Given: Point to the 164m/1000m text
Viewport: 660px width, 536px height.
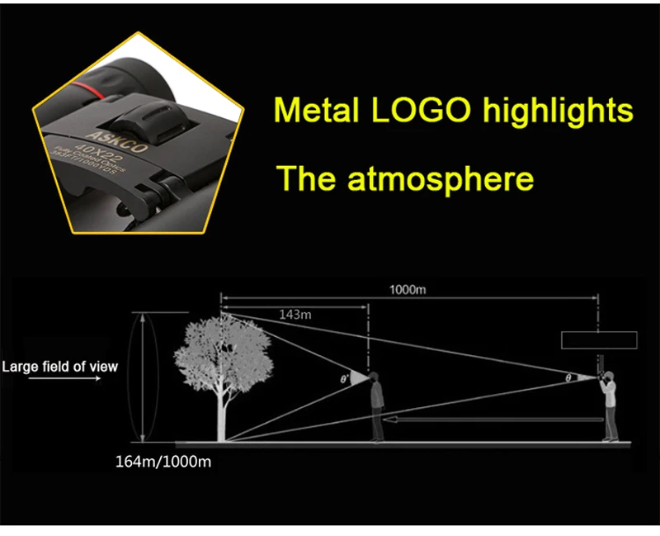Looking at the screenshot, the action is pyautogui.click(x=163, y=461).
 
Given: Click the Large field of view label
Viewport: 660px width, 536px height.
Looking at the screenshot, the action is pyautogui.click(x=59, y=367).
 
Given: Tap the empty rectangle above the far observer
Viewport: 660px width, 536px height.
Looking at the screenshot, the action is pyautogui.click(x=598, y=339).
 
